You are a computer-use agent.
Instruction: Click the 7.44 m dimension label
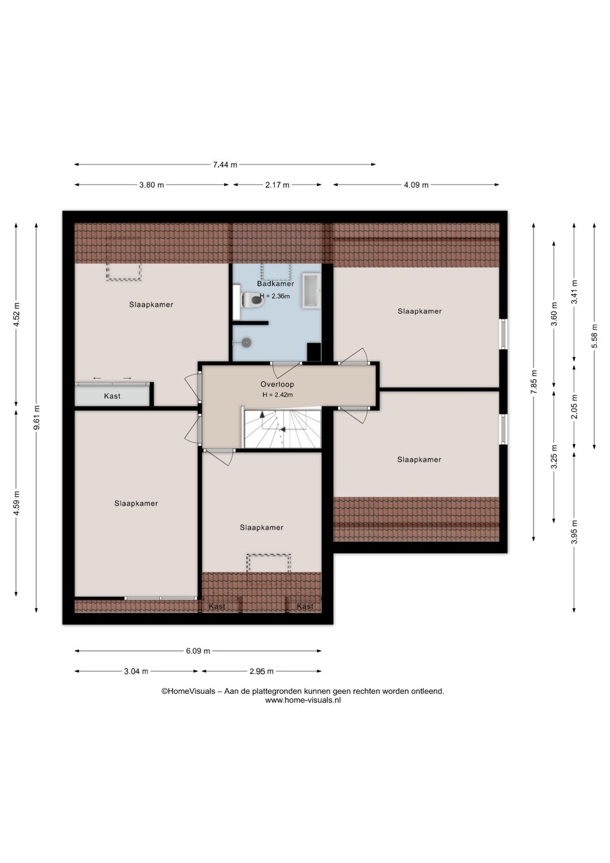225,165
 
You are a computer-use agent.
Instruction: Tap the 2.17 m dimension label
277,185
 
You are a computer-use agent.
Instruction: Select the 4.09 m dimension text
416,185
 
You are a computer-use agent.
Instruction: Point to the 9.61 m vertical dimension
37,417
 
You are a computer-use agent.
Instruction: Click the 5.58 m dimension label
595,335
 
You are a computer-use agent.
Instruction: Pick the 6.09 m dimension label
198,651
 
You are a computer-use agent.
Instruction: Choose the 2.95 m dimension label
262,671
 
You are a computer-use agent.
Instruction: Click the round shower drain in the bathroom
246,342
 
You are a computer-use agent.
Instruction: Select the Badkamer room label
276,283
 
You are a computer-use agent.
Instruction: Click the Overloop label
277,384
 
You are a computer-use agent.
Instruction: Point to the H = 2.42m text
278,395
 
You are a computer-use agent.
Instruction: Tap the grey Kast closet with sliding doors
112,394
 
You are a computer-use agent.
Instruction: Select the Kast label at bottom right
305,606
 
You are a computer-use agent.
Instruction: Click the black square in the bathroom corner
313,351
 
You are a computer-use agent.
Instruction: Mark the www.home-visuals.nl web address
303,701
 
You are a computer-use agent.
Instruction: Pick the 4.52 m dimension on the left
16,314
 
